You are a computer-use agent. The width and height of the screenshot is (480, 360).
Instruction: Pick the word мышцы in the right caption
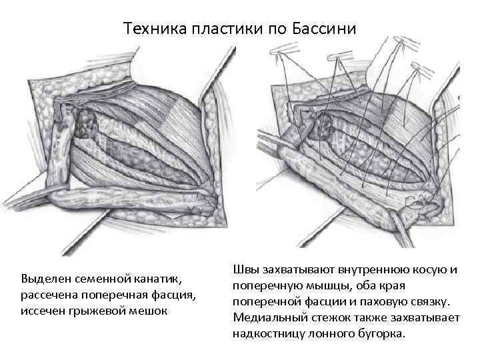pyautogui.click(x=317, y=285)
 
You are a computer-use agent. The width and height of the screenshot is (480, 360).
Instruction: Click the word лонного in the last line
pyautogui.click(x=330, y=334)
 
